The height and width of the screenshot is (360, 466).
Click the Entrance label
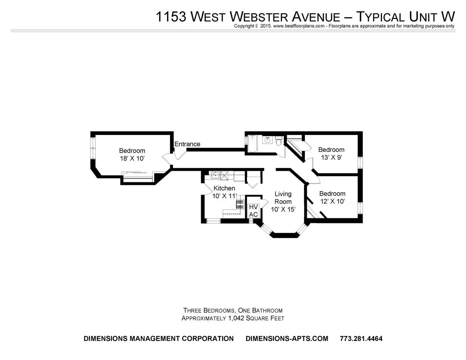187,144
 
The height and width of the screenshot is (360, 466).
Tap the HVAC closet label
253,211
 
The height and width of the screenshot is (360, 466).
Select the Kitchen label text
224,188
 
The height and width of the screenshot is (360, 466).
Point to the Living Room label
283,198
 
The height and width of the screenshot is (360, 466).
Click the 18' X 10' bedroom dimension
132,158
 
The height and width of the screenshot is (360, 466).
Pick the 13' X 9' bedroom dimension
331,157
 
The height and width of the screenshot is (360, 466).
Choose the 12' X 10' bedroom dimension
332,201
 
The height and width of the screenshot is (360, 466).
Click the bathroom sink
267,140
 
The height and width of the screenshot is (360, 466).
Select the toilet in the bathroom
279,141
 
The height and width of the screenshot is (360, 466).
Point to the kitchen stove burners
240,204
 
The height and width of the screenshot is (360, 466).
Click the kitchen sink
215,175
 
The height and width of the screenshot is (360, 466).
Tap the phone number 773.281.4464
361,339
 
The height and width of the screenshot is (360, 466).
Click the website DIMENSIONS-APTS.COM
287,339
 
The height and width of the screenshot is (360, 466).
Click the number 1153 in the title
171,17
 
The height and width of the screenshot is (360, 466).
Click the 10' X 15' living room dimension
283,209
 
